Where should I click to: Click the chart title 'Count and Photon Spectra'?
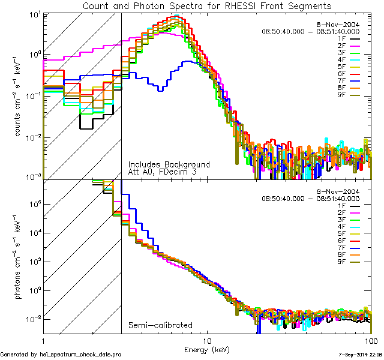pos(207,5)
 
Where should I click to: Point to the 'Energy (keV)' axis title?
pos(207,348)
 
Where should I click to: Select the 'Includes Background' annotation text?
pos(169,164)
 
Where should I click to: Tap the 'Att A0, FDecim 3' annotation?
pos(162,172)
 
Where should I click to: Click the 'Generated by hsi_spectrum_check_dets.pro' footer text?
pos(61,355)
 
